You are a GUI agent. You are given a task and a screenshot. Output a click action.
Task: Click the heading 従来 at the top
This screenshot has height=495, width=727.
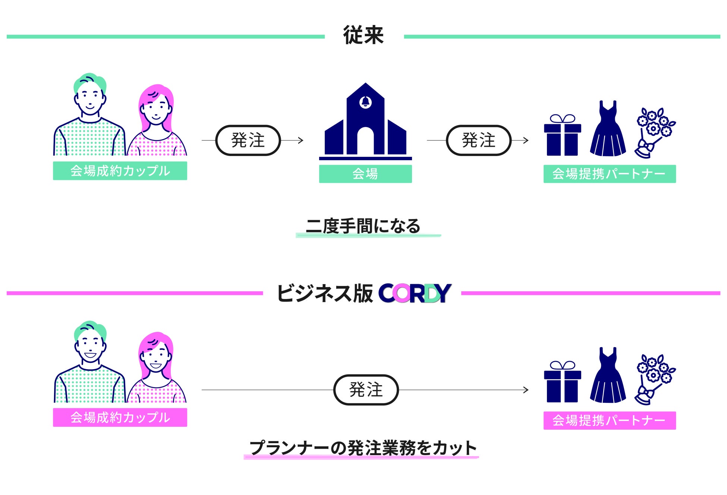pos(363,36)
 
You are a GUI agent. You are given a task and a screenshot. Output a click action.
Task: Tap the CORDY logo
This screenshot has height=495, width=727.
pos(415,293)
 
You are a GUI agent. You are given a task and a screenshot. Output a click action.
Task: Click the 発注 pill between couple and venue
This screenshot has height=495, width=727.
pos(248,140)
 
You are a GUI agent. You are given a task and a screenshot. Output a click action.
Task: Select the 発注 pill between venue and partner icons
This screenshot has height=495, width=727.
pos(478,140)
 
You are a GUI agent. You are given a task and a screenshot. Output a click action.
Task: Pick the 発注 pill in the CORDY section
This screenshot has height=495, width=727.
pos(366,390)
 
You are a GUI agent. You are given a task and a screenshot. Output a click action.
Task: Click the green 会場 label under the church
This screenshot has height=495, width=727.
pos(365,174)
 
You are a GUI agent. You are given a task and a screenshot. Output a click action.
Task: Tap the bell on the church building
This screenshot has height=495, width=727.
pos(365,102)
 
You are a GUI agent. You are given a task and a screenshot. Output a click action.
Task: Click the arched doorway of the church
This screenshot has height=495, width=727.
pos(365,142)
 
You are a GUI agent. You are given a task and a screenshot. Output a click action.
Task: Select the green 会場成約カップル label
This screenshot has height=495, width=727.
pos(120,171)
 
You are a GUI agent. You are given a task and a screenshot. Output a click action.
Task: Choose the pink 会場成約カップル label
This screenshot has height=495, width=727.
pos(120,417)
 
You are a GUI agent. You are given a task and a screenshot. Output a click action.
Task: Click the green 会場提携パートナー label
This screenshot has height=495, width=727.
pos(609,174)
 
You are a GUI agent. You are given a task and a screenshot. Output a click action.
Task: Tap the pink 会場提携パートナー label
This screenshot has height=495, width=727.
pos(609,421)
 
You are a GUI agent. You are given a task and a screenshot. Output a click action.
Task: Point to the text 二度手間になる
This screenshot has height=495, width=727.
pos(363,226)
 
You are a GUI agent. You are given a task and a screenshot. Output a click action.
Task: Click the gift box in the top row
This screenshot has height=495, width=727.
pos(562,136)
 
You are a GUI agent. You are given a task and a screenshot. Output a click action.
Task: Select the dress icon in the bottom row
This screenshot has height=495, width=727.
pos(608,377)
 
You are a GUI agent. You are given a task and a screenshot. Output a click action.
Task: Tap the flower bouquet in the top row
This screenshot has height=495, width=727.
pos(654,133)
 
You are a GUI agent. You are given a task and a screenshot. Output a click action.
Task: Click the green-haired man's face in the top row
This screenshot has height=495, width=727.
pos(90,99)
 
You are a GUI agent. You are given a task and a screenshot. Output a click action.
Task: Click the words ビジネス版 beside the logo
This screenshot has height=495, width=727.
pos(325,293)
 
